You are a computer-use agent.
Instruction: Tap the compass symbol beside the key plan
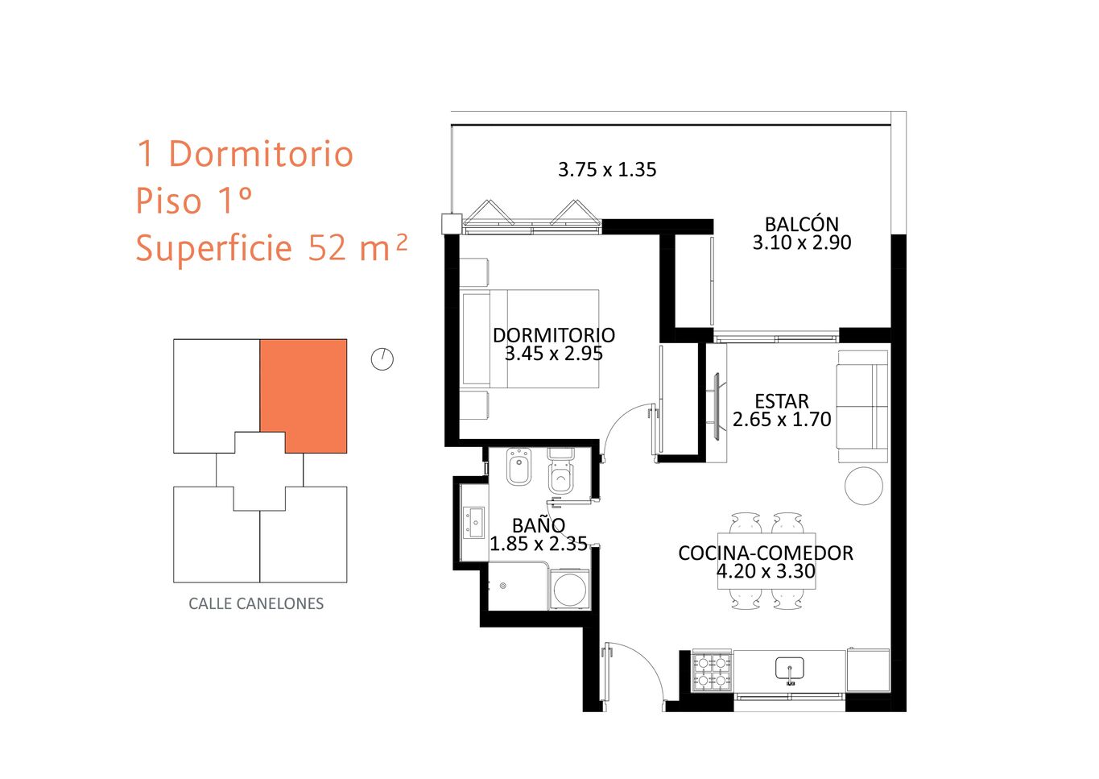(382, 359)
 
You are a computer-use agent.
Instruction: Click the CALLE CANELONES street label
(256, 603)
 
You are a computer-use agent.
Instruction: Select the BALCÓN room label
(802, 224)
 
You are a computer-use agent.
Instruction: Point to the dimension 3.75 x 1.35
(607, 169)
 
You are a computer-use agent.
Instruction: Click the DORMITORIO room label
(554, 335)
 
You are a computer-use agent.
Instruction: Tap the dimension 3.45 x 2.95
(554, 354)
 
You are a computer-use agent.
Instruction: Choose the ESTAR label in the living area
(782, 401)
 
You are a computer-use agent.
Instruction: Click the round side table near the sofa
(864, 486)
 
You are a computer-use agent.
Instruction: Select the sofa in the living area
(862, 407)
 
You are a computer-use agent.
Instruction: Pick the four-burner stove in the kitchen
(712, 671)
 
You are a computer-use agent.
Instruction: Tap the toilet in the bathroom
(560, 471)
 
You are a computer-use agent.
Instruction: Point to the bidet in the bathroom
(519, 466)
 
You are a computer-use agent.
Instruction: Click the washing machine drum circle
(569, 590)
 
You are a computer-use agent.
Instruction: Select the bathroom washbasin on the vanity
(474, 522)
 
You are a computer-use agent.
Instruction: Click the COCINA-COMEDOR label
(766, 553)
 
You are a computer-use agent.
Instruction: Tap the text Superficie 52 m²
(271, 248)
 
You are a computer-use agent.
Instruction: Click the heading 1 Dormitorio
(245, 154)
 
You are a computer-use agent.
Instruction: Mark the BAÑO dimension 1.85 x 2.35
(539, 544)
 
